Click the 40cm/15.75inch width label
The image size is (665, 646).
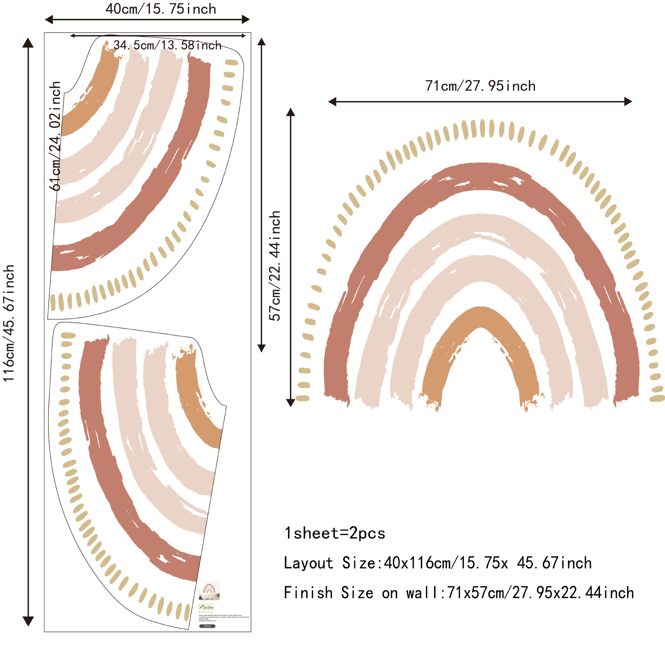161,9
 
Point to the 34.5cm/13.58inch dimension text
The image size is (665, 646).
167,45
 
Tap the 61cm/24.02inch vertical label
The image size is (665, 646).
55,136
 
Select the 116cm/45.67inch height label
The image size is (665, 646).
9,324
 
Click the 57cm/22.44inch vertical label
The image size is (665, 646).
275,266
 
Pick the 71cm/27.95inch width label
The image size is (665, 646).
480,86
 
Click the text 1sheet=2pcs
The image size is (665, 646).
335,533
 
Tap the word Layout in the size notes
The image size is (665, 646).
308,563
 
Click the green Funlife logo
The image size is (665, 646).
206,607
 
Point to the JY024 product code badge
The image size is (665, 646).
207,626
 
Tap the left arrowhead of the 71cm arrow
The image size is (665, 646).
332,102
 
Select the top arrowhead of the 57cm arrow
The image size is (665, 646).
291,112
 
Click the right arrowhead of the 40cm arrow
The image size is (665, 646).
246,19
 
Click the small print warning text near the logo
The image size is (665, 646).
223,617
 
